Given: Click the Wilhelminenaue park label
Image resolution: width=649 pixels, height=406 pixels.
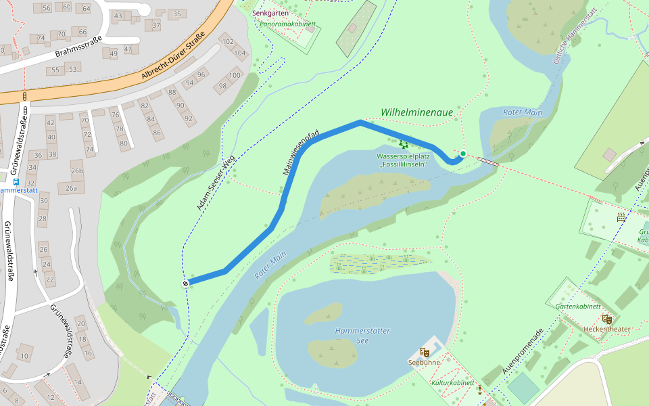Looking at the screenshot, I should point(416,112).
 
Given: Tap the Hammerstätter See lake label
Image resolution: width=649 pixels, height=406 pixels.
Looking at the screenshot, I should point(362,336).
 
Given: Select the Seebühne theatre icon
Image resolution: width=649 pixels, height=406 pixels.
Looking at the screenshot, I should point(425,352).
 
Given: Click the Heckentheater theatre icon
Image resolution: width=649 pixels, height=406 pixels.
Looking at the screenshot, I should point(607,319).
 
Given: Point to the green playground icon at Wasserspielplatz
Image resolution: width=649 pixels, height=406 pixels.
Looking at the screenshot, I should point(404,144).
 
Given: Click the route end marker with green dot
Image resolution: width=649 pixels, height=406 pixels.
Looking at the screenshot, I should point(462,154).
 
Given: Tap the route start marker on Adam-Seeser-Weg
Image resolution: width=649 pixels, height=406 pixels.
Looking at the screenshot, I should point(185,284).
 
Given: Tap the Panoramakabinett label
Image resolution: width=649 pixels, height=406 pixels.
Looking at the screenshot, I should point(288,24).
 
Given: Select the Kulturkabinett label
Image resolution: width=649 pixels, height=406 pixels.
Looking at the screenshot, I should point(452,383).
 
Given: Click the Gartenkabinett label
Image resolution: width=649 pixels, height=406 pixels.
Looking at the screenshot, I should point(577,307).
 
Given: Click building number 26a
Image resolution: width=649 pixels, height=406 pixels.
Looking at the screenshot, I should point(71,189).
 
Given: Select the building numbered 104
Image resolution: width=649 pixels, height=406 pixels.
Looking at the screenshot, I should point(239,53).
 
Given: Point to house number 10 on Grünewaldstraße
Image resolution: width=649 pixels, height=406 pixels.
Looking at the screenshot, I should point(24,355).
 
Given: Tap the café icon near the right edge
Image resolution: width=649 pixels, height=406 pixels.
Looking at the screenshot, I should point(621,217).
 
